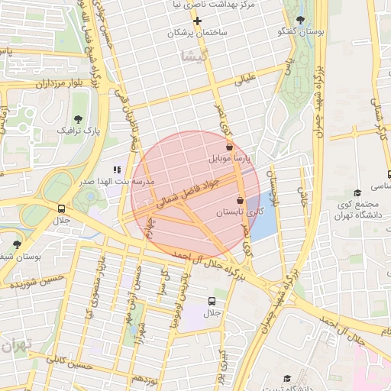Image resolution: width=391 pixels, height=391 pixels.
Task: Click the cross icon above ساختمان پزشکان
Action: (197, 20)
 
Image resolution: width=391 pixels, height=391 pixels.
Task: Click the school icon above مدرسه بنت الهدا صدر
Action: (117, 170)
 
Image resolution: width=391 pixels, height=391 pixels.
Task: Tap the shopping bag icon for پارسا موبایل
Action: (229, 146)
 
